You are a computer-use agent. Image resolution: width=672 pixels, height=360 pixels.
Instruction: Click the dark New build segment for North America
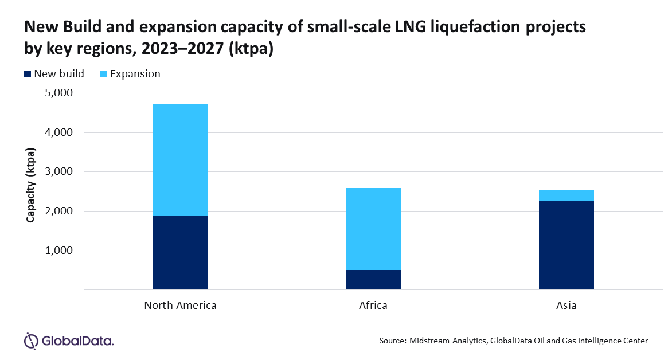point(180,252)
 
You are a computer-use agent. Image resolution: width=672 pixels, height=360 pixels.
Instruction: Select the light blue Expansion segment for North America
point(180,160)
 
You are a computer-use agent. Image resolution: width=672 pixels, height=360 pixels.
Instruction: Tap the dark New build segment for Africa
point(373,280)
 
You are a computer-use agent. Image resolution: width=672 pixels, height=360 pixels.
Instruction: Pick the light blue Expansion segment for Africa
point(373,229)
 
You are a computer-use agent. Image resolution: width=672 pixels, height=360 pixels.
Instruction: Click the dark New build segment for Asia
point(566,245)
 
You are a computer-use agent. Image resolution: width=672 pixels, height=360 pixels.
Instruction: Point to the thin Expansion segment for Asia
point(566,195)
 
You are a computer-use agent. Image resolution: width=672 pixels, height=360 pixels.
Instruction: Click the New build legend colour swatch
point(28,74)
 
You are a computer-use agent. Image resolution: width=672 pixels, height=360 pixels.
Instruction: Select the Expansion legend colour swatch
point(103,74)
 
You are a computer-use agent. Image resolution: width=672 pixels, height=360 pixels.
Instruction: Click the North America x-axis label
point(180,306)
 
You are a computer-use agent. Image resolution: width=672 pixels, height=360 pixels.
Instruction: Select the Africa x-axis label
point(373,306)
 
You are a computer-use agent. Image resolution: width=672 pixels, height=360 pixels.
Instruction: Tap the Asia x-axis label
point(566,306)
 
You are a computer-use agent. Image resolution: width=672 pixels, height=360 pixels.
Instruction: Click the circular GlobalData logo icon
point(30,341)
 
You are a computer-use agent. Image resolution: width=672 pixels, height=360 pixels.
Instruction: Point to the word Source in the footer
point(392,341)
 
